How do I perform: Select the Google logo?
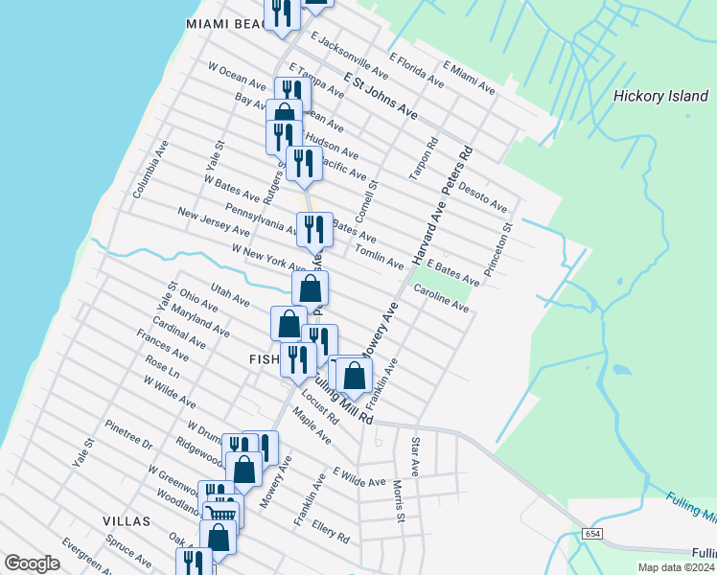click(x=32, y=563)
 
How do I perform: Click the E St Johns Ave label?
click(x=381, y=96)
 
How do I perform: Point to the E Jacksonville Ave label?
click(x=349, y=57)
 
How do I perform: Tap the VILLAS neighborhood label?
click(x=127, y=521)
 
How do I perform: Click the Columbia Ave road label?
click(x=150, y=170)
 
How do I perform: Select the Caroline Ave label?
click(x=441, y=298)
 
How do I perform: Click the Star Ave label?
click(x=415, y=457)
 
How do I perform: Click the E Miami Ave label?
click(x=468, y=78)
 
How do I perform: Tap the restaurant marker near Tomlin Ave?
click(x=314, y=230)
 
